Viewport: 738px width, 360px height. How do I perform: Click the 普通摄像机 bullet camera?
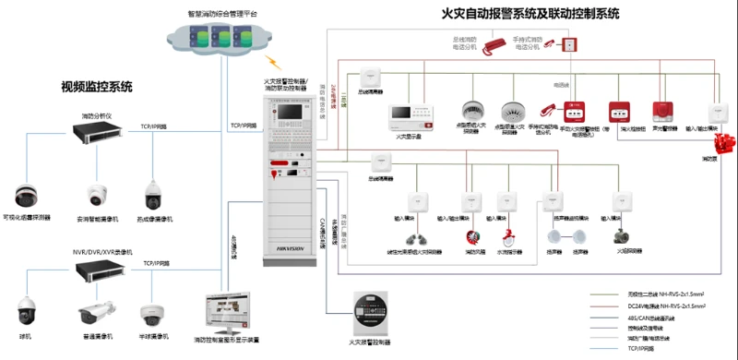click(95, 309)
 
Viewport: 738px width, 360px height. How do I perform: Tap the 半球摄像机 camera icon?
click(152, 313)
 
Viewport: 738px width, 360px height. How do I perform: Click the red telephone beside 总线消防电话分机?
click(495, 43)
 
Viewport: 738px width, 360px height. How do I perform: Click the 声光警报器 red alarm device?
click(660, 110)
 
